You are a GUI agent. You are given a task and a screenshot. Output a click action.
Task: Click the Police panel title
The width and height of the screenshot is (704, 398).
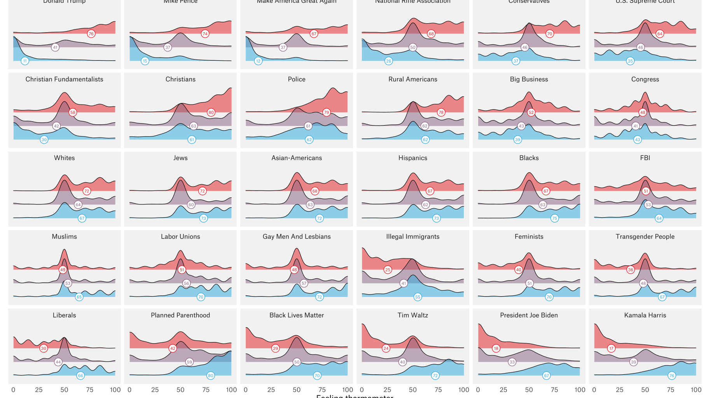tap(297, 79)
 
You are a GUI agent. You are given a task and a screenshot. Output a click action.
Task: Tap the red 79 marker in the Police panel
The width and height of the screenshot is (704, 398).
tap(327, 112)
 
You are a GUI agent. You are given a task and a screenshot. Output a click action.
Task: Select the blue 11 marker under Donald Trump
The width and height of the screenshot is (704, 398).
tap(25, 61)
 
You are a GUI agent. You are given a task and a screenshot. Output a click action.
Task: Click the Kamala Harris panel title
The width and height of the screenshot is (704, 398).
tap(645, 315)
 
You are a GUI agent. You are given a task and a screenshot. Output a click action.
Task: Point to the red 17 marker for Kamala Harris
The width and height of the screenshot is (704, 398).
tap(611, 348)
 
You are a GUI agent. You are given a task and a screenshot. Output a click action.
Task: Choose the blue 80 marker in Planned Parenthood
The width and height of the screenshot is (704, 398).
tap(210, 375)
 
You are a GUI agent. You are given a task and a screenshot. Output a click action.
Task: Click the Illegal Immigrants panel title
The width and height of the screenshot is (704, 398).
tap(412, 237)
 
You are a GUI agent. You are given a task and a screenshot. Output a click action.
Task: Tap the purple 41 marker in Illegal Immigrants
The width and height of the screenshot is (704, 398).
tap(404, 283)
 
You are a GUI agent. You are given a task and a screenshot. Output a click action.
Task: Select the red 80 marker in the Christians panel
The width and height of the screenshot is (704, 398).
tap(211, 112)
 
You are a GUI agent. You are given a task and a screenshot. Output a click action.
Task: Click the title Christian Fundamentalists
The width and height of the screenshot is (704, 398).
tap(65, 79)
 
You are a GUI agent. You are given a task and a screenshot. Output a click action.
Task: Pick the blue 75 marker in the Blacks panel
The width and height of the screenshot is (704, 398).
tap(555, 218)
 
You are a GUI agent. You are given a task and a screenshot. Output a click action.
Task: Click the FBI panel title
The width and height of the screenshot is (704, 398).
tap(645, 158)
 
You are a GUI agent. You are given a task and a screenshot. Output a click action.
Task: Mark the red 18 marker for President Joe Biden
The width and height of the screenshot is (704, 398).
tap(496, 348)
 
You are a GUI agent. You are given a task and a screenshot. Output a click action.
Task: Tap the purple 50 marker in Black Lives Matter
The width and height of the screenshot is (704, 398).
tap(297, 362)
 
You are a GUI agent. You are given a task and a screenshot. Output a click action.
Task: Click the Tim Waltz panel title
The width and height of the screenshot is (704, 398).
tap(412, 315)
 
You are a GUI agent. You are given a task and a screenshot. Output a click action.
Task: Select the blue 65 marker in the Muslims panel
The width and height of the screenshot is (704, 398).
tap(79, 297)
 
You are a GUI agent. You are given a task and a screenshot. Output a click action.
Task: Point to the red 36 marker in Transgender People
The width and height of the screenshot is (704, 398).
tap(631, 270)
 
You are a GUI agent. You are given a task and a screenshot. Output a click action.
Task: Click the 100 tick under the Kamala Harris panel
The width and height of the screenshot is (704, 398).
tap(696, 390)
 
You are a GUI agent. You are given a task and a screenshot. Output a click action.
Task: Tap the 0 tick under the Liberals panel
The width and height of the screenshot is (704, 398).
tap(14, 390)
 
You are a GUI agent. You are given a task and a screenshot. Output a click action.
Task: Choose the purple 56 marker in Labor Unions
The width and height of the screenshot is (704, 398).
tap(187, 283)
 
